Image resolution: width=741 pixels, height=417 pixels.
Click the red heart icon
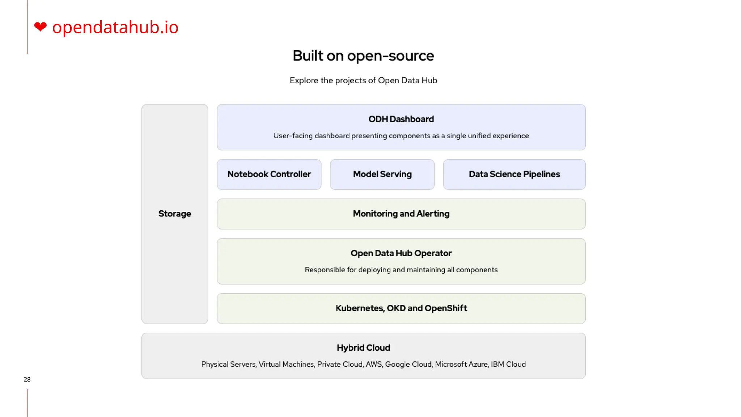click(x=40, y=27)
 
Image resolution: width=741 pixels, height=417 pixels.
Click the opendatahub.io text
click(x=115, y=27)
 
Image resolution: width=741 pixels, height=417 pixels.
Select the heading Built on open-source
click(x=363, y=56)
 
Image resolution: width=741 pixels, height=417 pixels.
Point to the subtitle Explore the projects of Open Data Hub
click(x=363, y=80)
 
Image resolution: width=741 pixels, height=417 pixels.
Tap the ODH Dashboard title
click(x=401, y=119)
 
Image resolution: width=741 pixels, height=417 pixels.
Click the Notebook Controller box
click(x=269, y=174)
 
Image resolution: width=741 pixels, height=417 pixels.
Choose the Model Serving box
click(x=382, y=174)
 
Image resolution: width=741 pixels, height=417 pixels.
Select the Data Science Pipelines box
click(x=514, y=174)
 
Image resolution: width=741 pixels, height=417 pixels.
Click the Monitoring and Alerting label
click(x=401, y=214)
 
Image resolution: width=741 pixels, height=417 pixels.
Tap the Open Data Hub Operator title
click(x=401, y=253)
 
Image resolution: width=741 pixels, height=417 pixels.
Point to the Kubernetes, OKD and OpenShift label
click(x=401, y=308)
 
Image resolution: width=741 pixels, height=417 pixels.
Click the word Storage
click(x=175, y=214)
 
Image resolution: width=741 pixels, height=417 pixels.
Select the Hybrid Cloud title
click(x=363, y=347)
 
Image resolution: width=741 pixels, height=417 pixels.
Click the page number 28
click(x=27, y=379)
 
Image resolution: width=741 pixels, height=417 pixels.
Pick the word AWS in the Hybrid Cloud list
click(x=374, y=364)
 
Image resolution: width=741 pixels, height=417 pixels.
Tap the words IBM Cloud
click(x=508, y=364)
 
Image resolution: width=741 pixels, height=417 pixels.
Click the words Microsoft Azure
click(x=461, y=364)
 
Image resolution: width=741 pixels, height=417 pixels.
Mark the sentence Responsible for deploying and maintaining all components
click(x=401, y=270)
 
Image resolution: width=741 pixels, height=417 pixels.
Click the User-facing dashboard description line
click(x=401, y=136)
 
